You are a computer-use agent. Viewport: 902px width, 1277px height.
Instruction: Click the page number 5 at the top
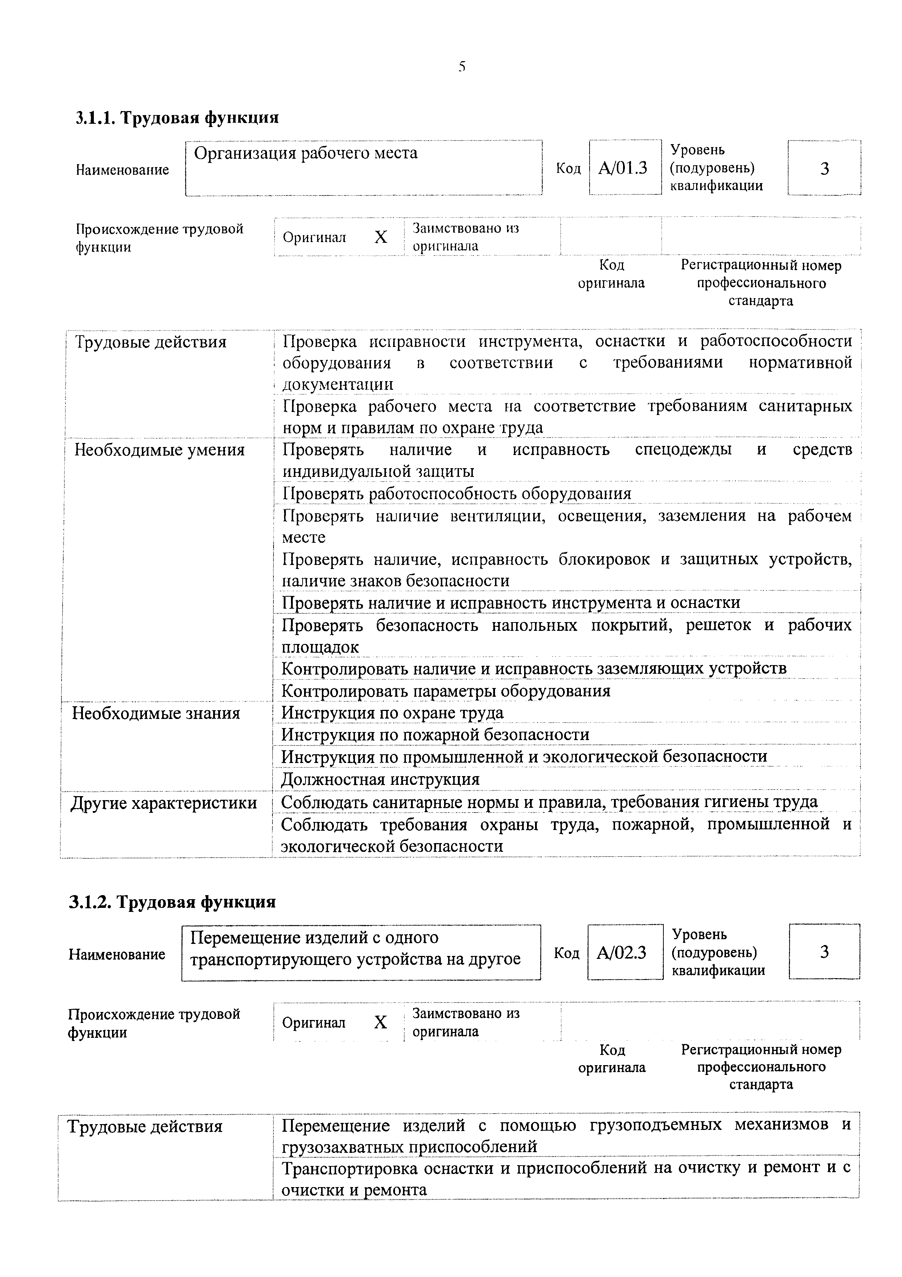coord(462,67)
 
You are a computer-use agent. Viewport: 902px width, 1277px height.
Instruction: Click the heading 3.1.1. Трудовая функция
coord(177,118)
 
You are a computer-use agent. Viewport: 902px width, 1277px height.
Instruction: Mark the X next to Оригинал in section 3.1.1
coord(381,237)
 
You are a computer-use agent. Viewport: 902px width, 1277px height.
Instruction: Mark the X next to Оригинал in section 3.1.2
coord(380,1022)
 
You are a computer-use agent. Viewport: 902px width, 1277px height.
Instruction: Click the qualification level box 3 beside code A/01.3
coord(824,168)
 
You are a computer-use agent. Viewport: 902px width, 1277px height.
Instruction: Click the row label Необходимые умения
coord(160,450)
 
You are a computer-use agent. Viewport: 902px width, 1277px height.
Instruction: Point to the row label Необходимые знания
coord(156,713)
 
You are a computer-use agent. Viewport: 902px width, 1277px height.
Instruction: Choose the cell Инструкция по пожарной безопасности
coord(435,735)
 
